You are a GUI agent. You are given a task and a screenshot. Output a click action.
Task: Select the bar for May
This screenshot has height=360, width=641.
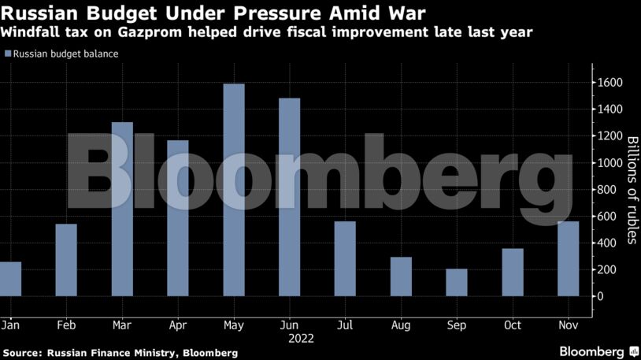click(x=234, y=189)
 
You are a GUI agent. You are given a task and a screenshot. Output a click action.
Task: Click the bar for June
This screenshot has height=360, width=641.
click(x=289, y=197)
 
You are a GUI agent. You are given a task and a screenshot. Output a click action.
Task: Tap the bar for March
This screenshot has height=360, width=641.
click(x=122, y=209)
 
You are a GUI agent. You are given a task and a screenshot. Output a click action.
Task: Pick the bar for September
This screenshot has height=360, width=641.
click(x=457, y=282)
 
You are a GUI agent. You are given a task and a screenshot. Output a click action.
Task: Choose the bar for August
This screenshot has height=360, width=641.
click(x=401, y=276)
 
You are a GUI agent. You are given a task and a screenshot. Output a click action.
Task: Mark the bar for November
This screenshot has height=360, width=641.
click(x=568, y=258)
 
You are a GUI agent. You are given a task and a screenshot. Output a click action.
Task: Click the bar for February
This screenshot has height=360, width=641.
click(x=66, y=260)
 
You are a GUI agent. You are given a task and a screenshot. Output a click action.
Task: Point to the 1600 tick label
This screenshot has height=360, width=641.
click(x=610, y=83)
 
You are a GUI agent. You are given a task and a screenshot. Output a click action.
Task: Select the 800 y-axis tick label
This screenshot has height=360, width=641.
click(x=607, y=190)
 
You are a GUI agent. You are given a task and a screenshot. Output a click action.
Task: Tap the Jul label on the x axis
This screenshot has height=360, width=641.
click(x=345, y=324)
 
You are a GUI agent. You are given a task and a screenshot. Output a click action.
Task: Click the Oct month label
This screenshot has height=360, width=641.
click(x=513, y=324)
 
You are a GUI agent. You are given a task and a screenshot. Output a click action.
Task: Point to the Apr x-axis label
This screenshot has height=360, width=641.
click(x=178, y=324)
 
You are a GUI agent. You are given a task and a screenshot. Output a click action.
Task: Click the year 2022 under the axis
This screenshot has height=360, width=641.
click(x=301, y=339)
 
